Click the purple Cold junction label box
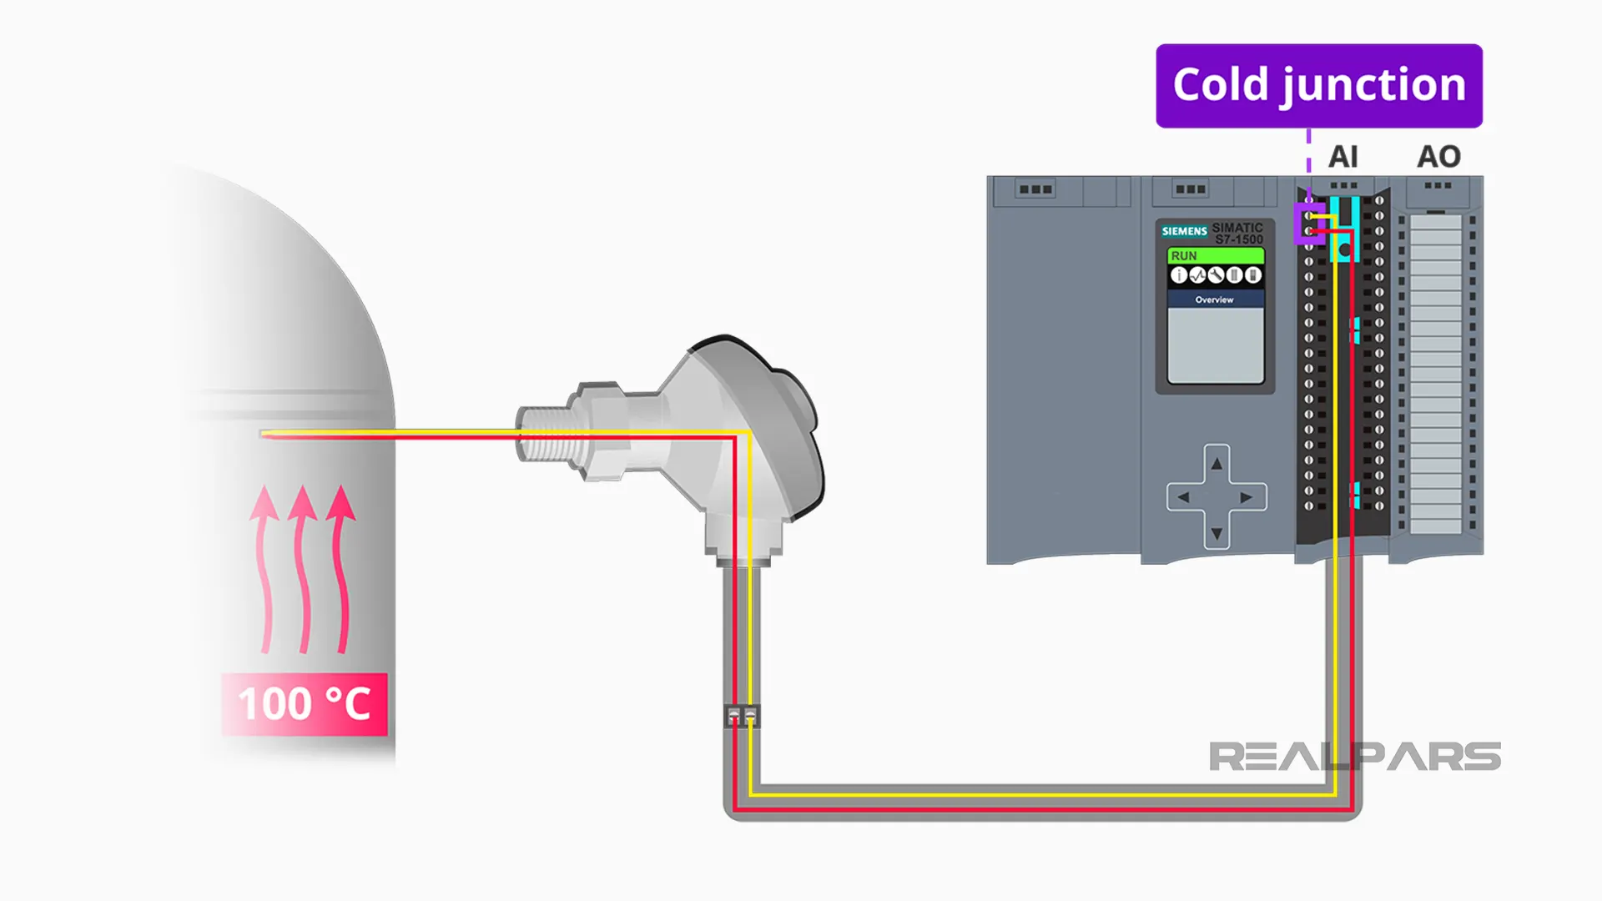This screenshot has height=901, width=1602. click(x=1318, y=86)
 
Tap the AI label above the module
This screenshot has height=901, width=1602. click(x=1343, y=157)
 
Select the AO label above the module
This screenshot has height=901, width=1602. click(x=1438, y=157)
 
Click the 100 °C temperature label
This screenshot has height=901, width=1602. click(x=305, y=703)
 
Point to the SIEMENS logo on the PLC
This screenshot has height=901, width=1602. click(x=1184, y=231)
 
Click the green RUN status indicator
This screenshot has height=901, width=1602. click(x=1215, y=256)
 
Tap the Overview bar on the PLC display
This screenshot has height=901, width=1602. click(x=1215, y=299)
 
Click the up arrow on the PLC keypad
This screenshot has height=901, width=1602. click(x=1217, y=464)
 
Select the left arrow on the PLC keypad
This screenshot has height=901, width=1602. click(x=1183, y=498)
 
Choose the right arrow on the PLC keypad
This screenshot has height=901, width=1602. click(x=1247, y=498)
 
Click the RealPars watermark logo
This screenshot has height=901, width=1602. click(x=1354, y=757)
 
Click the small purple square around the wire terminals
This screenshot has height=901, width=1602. click(x=1308, y=223)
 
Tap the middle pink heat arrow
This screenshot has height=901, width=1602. click(x=303, y=567)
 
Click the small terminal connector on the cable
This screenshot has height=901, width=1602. click(x=742, y=717)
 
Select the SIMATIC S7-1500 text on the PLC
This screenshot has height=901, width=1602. click(x=1237, y=233)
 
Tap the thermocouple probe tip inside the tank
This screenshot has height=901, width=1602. click(x=265, y=434)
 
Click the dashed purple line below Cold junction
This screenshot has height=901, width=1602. click(x=1308, y=150)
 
